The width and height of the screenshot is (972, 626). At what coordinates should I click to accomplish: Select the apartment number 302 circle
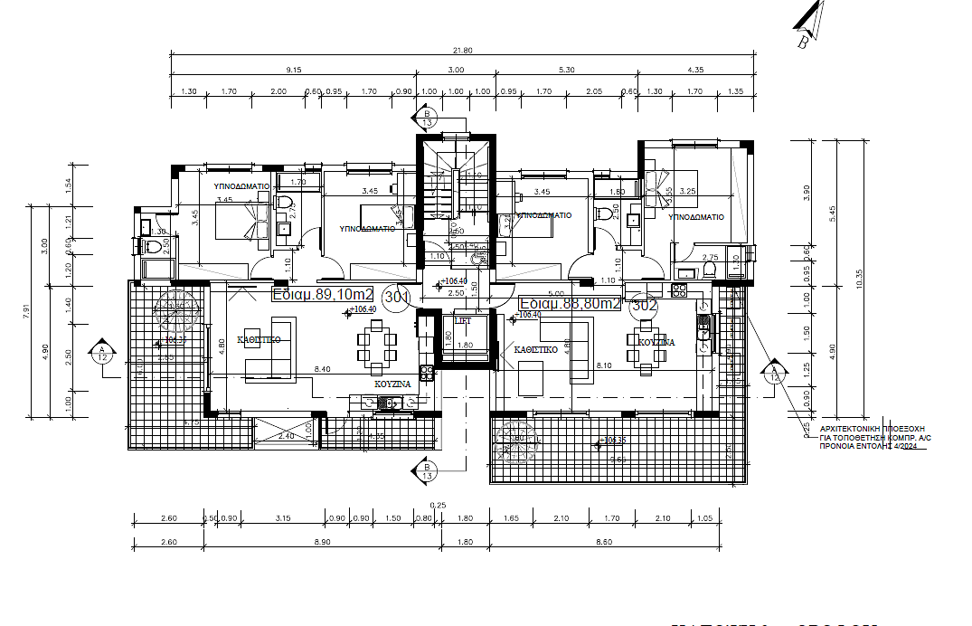point(644,305)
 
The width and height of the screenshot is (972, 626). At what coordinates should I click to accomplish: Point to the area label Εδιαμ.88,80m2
point(571,304)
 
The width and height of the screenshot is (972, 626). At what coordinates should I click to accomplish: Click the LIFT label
point(462,321)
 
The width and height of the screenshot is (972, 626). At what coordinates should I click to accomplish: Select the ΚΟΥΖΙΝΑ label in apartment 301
point(392,384)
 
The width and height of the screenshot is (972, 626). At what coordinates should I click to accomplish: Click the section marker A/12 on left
point(101,353)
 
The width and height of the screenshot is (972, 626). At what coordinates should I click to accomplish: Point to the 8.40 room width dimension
point(322,369)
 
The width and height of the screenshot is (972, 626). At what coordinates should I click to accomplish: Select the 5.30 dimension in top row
point(567,70)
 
